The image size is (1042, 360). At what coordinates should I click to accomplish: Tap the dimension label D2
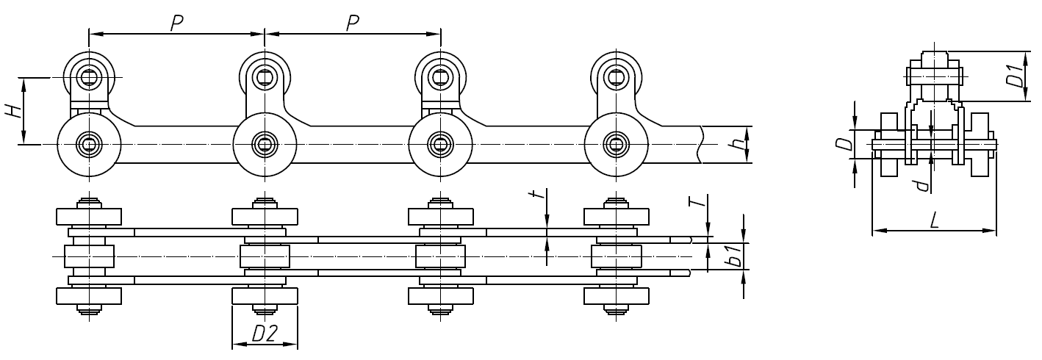[x=264, y=334]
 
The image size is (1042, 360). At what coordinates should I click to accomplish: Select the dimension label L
[x=934, y=220]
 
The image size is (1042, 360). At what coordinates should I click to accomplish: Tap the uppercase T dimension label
[x=701, y=201]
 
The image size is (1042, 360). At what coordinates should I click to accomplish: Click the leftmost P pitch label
[x=176, y=24]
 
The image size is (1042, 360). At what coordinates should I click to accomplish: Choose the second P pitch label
[x=352, y=24]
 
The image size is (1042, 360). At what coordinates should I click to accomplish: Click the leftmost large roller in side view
[x=89, y=144]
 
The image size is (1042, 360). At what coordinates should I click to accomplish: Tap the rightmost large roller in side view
[x=616, y=144]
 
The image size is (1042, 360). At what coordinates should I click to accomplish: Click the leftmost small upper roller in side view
[x=89, y=76]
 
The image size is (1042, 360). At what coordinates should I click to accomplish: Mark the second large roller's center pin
[x=265, y=144]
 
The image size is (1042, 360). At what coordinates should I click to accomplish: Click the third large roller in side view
[x=440, y=144]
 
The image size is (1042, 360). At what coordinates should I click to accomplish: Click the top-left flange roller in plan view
[x=89, y=217]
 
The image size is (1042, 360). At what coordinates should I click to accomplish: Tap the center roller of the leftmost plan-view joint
[x=89, y=256]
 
